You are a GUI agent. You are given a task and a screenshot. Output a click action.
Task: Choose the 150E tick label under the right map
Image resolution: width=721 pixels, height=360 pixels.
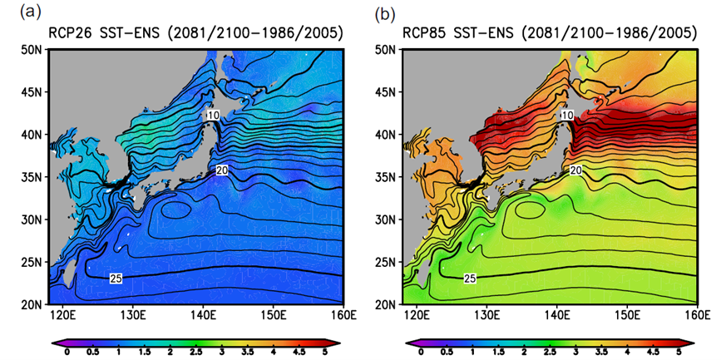coord(626,315)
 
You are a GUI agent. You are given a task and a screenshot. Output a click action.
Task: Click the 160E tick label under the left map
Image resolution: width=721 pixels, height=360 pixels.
coord(342,315)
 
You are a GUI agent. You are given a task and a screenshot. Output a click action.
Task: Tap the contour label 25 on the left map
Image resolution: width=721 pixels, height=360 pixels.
coord(116,278)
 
